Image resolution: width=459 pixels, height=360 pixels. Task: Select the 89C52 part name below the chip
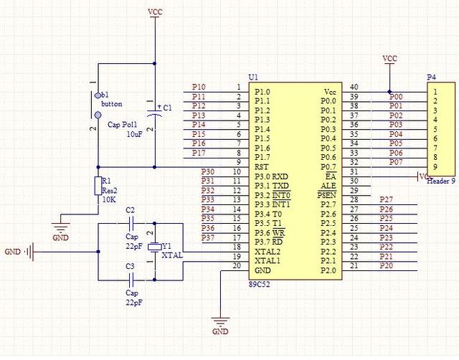click(x=260, y=285)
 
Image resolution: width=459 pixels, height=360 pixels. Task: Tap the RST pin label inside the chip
click(x=262, y=166)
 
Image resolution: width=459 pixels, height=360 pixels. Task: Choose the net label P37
click(x=208, y=237)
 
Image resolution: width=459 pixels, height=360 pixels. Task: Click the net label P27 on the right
click(x=387, y=199)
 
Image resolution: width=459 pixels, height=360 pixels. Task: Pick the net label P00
click(x=396, y=97)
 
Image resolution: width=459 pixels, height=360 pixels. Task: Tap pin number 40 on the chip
click(x=354, y=87)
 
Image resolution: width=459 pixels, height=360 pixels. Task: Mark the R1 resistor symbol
click(x=98, y=186)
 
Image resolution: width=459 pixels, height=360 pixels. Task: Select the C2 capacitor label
click(x=130, y=209)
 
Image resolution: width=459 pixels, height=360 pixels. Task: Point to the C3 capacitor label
click(x=130, y=267)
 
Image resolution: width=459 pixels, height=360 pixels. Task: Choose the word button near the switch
click(x=112, y=104)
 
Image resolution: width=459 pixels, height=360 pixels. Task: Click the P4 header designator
click(x=431, y=77)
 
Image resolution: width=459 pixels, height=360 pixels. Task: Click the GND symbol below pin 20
click(x=221, y=324)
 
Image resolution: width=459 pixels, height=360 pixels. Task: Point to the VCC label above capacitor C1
click(x=154, y=12)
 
